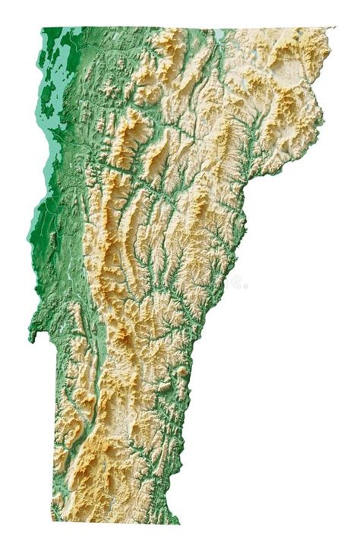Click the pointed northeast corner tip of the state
pos(333,28)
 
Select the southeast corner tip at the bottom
pos(178,524)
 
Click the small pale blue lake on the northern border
pos(219,34)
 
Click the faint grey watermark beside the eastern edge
pos(237,282)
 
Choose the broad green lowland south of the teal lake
pos(57,250)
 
